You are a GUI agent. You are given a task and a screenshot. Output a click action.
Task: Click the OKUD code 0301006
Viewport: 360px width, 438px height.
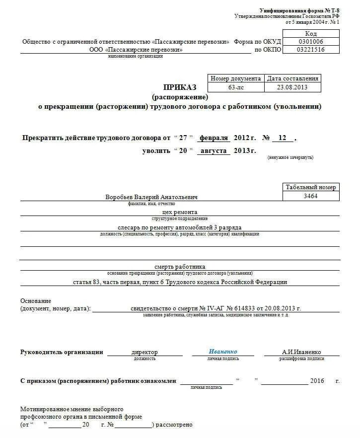coord(311,42)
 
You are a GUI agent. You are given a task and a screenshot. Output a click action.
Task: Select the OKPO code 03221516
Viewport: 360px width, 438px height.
coord(311,50)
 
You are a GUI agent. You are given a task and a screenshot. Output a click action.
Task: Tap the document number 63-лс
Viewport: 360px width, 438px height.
coord(236,87)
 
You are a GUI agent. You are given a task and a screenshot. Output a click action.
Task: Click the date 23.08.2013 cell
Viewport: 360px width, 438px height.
coord(292,87)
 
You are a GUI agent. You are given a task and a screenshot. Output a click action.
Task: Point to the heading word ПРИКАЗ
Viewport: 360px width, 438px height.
coord(180,87)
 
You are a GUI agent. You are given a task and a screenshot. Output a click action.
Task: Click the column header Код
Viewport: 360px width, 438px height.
coord(311,33)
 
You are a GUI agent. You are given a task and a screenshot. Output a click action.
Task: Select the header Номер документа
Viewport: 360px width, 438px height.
coord(236,78)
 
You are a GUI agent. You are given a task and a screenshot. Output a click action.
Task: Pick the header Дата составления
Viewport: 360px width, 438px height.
coord(292,78)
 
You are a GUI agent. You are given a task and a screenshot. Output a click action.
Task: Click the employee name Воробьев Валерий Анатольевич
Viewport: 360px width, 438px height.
coord(151,197)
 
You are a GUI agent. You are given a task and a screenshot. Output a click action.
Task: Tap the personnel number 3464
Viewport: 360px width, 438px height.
coord(311,196)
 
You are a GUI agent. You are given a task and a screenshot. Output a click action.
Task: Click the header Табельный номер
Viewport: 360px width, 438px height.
coord(311,187)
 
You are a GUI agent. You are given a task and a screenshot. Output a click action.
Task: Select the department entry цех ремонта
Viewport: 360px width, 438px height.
coord(180,212)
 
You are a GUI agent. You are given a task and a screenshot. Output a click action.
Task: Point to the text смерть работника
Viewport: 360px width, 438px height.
coord(180,267)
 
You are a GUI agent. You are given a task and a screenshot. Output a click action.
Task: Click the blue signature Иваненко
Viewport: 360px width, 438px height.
coord(223,352)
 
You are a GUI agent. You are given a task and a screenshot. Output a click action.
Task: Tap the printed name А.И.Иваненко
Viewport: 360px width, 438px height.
coord(301,352)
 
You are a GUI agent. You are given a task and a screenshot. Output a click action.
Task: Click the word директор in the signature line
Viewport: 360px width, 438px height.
coord(144,352)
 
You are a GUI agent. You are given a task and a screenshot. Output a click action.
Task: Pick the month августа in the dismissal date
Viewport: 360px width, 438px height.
coord(214,150)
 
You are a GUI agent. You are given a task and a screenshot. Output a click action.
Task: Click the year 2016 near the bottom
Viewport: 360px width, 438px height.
coord(317,381)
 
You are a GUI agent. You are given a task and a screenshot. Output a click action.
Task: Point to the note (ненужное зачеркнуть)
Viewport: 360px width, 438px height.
coord(290,158)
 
